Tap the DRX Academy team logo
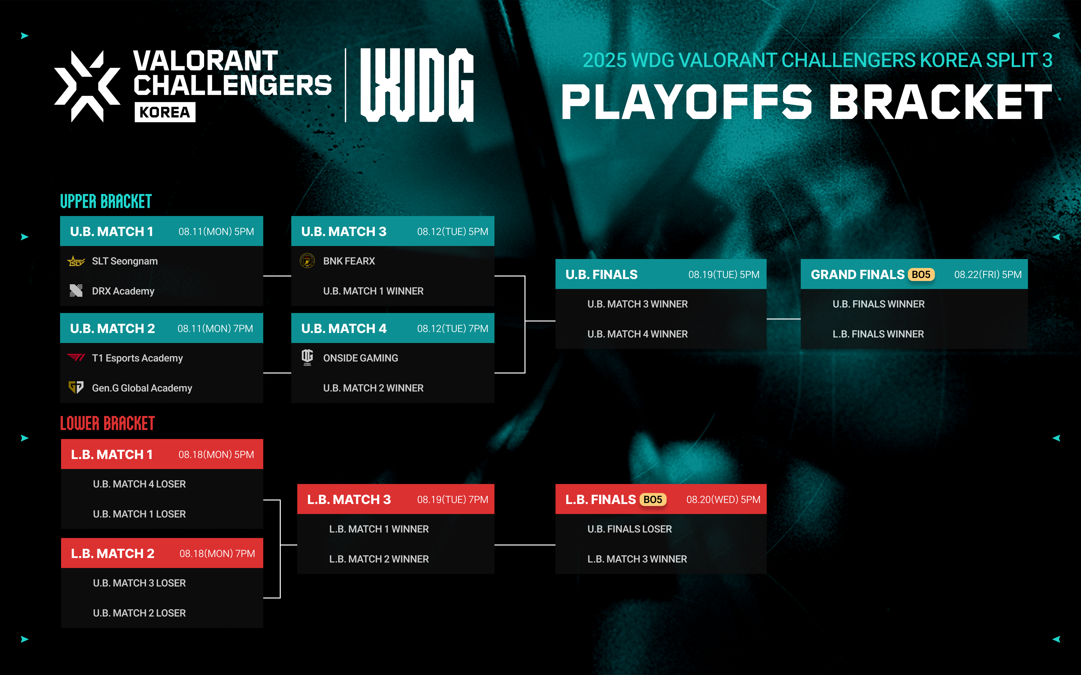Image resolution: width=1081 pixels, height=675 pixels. (76, 290)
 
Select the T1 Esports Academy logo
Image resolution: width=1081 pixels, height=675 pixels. (76, 357)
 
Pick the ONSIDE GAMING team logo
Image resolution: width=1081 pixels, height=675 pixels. (307, 357)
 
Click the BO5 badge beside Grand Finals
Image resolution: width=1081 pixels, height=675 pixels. (921, 274)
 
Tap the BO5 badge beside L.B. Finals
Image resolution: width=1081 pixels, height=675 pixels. (653, 499)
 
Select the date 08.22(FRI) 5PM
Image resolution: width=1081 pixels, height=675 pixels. (988, 274)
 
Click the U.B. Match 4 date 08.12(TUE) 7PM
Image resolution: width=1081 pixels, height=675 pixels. (452, 328)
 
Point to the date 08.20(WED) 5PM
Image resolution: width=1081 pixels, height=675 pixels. (723, 499)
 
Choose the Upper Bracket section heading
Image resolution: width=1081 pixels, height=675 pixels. (106, 201)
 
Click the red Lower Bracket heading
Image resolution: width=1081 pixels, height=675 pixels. (107, 423)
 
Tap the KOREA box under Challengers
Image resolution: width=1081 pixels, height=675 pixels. (165, 112)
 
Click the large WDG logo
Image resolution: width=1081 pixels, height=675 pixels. (417, 85)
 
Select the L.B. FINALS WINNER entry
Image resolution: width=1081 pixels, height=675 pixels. (878, 334)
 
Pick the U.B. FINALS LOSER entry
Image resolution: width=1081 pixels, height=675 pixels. (629, 529)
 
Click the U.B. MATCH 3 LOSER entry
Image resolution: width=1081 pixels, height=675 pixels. (139, 583)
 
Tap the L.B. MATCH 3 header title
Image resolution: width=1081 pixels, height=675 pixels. (349, 499)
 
